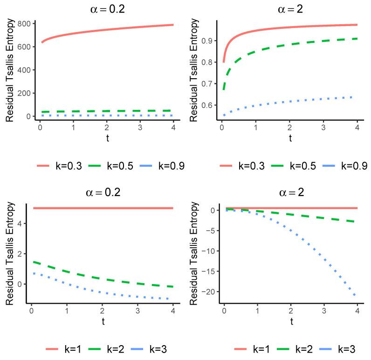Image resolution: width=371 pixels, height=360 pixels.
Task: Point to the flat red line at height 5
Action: [x=103, y=208]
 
